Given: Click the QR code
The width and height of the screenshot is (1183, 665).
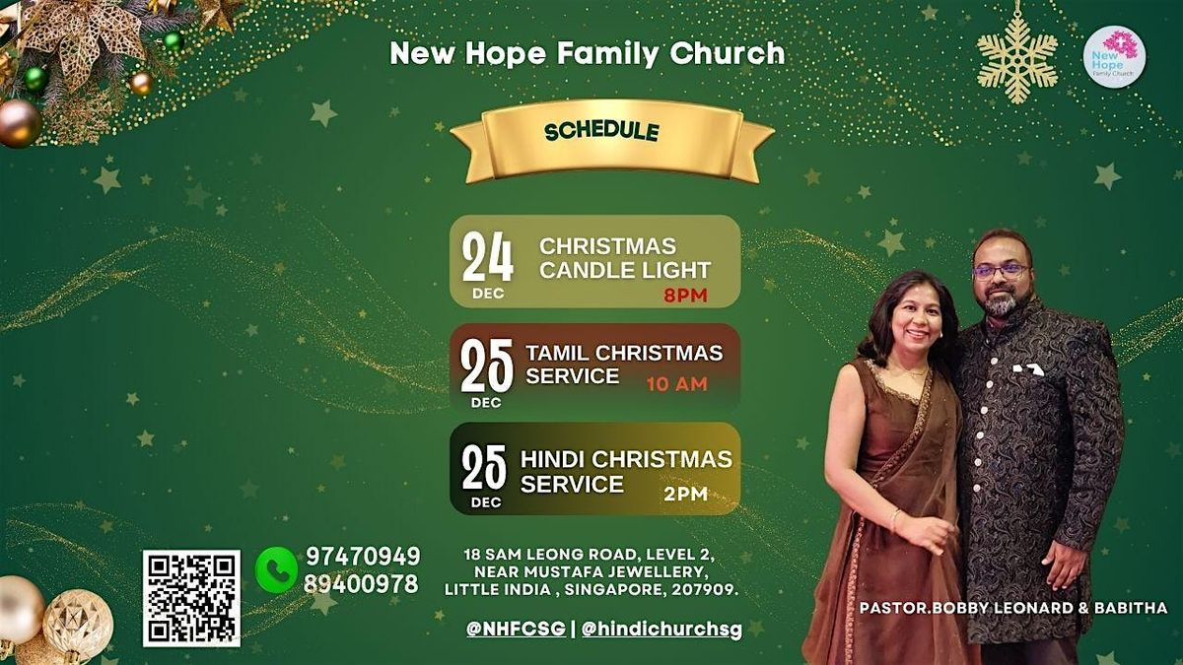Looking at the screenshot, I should click(x=191, y=598).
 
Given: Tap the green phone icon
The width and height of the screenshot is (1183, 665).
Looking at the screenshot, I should click(x=276, y=569).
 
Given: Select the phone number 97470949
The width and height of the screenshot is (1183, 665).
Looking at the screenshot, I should click(x=362, y=556).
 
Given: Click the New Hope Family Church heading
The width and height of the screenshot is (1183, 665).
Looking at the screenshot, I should click(x=588, y=53).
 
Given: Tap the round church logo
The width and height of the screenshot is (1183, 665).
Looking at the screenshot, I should click(x=1114, y=56).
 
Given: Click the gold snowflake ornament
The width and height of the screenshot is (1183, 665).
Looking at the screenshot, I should click(x=1017, y=55).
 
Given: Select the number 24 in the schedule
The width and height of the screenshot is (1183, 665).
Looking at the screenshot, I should click(x=488, y=258).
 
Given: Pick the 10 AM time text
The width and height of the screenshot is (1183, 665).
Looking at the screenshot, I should click(x=676, y=384).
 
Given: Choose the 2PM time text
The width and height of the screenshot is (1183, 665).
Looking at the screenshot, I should click(x=685, y=494).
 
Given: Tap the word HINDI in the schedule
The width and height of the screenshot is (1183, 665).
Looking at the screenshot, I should click(x=553, y=460).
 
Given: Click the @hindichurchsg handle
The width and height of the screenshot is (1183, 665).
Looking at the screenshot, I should click(x=661, y=628).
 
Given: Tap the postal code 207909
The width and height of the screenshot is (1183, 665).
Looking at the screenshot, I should click(x=702, y=589).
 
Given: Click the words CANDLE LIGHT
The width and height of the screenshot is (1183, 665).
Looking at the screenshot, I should click(x=625, y=269).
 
